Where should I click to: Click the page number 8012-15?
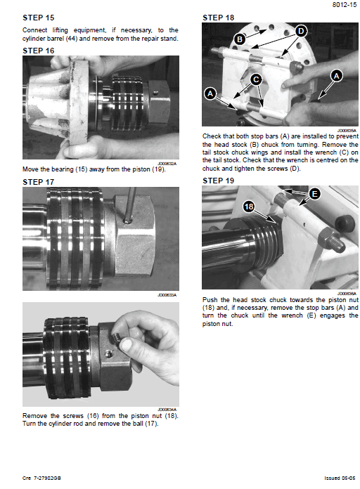pos(340,6)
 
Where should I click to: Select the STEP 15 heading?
pos(38,18)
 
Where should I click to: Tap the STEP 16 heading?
pos(38,51)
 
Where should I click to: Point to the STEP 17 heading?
pos(38,181)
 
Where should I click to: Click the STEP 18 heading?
pos(218,18)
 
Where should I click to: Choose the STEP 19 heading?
pos(218,181)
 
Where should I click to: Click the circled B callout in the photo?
pos(240,40)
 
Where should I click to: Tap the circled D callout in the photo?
pos(301,31)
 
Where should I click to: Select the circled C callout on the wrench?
pos(257,80)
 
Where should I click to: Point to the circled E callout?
pos(314,193)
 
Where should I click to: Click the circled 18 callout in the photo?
pos(248,207)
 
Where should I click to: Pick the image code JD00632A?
pos(167,162)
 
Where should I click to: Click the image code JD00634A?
pos(167,409)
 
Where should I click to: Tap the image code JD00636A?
pos(347,293)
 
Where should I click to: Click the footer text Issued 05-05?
pos(339,478)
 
